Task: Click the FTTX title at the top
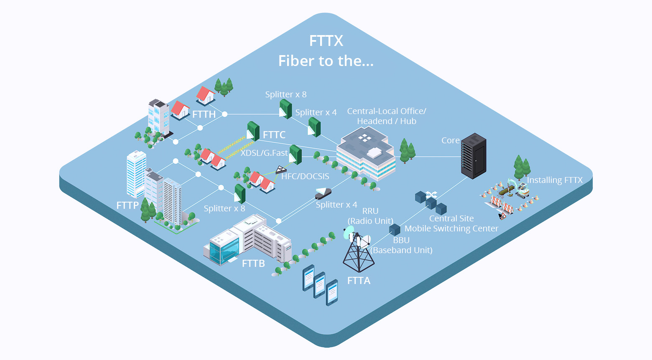pos(326,41)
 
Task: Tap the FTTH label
pos(204,114)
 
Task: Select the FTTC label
pos(274,135)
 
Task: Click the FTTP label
pos(127,205)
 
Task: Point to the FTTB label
pos(253,264)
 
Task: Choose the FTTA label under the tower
pos(359,281)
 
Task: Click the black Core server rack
pos(473,156)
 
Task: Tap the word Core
pos(450,140)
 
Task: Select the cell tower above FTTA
pos(358,251)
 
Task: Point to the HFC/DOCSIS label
pos(305,176)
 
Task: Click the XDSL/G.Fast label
pos(264,153)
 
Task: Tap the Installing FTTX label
pos(555,180)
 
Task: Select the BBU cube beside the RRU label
pos(395,229)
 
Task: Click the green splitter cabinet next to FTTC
pos(253,131)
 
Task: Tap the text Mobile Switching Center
pos(451,228)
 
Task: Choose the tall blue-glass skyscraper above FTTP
pos(136,173)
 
